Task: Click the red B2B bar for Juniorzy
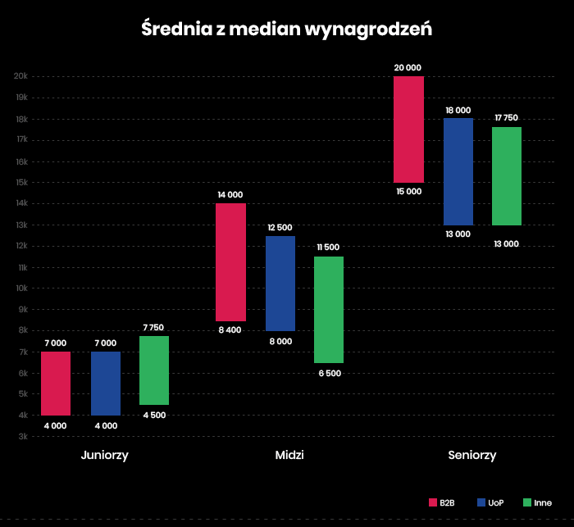56,384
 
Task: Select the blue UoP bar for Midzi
280,284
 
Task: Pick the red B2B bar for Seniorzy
408,129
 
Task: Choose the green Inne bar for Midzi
329,310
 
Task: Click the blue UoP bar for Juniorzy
106,384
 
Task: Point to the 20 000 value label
408,67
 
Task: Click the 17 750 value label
508,118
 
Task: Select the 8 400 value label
230,330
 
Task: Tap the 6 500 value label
329,373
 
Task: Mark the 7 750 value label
153,327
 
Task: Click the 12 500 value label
280,227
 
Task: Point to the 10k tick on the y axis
20,288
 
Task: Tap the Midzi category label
289,455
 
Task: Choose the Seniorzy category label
471,455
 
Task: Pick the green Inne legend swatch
526,502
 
